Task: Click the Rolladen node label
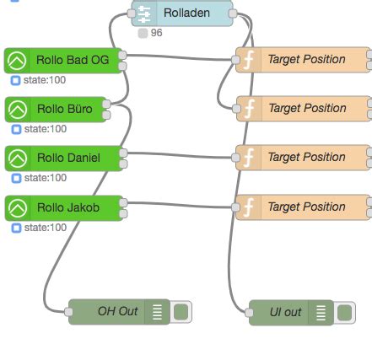click(186, 13)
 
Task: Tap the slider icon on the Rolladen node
click(144, 13)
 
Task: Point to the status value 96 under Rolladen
click(156, 33)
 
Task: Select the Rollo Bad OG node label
click(73, 60)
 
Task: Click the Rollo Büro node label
click(64, 109)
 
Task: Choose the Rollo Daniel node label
click(68, 158)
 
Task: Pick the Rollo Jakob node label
click(67, 207)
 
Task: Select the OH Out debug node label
click(117, 312)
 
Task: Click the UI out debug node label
click(285, 312)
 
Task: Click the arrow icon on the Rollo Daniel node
click(17, 158)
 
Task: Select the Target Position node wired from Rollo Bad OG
click(305, 60)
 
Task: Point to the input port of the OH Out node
click(68, 312)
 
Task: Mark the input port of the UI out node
click(250, 312)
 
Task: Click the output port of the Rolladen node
click(234, 13)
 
